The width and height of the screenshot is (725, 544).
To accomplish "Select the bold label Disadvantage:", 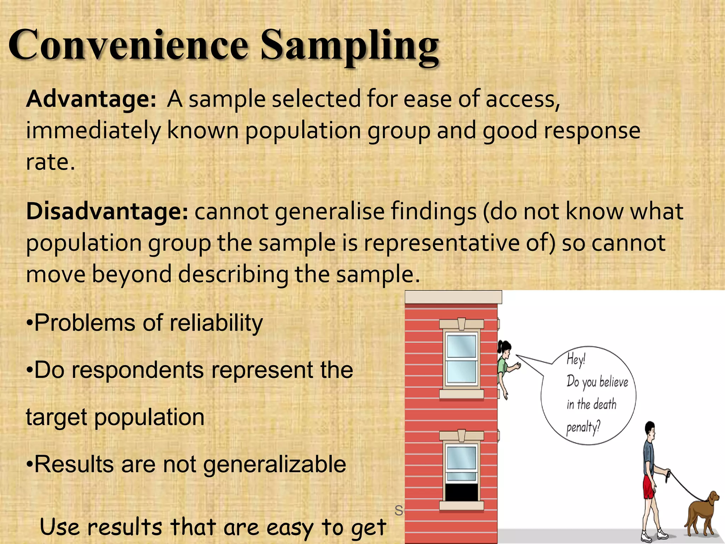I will pos(107,211).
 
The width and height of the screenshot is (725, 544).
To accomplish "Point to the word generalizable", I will pos(274,464).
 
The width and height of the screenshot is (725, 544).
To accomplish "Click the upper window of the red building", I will pos(461,359).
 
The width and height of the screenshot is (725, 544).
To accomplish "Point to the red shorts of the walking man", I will pos(649,487).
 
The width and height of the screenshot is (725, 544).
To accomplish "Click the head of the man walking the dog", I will pos(650,429).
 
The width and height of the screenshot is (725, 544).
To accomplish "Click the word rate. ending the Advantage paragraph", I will pos(50,163).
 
